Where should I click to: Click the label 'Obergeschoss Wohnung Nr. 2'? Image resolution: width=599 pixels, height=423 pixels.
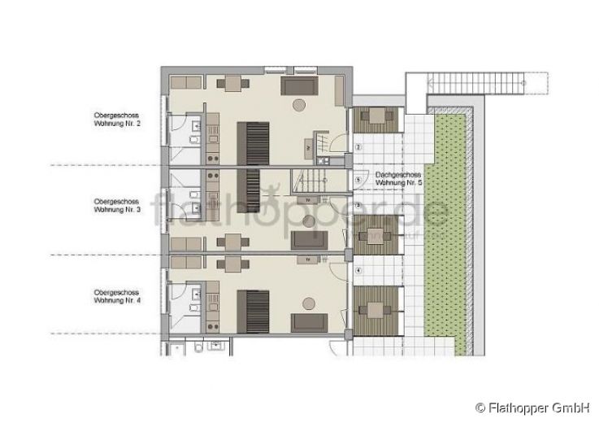117,120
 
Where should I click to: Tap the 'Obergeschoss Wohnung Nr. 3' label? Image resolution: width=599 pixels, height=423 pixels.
117,205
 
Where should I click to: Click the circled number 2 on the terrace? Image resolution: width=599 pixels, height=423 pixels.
358,147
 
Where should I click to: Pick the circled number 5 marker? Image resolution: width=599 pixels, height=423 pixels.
358,180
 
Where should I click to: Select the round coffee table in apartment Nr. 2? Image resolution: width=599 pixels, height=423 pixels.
301,104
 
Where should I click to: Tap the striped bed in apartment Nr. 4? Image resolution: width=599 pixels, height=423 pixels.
252,311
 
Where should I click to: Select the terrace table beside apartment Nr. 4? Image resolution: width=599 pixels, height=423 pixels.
375,308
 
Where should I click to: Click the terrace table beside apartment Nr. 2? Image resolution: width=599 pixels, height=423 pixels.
375,119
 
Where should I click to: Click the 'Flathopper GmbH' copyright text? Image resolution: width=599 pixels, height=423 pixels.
532,407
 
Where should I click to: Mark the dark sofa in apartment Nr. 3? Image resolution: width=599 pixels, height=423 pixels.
309,239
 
